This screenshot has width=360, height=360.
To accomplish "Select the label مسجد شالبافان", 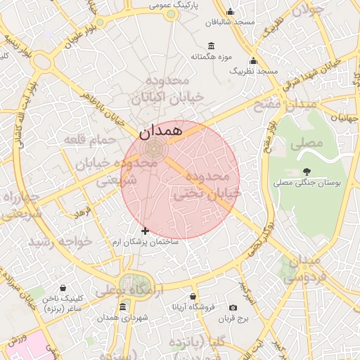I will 205,22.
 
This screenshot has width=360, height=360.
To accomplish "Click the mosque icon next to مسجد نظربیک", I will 253,60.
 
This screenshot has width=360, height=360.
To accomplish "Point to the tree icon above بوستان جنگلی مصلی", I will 307,171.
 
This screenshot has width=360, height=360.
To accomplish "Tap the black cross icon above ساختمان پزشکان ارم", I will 145,231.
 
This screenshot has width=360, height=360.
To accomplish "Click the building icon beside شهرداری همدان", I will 123,307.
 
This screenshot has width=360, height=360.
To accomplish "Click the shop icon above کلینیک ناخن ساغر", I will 64,288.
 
